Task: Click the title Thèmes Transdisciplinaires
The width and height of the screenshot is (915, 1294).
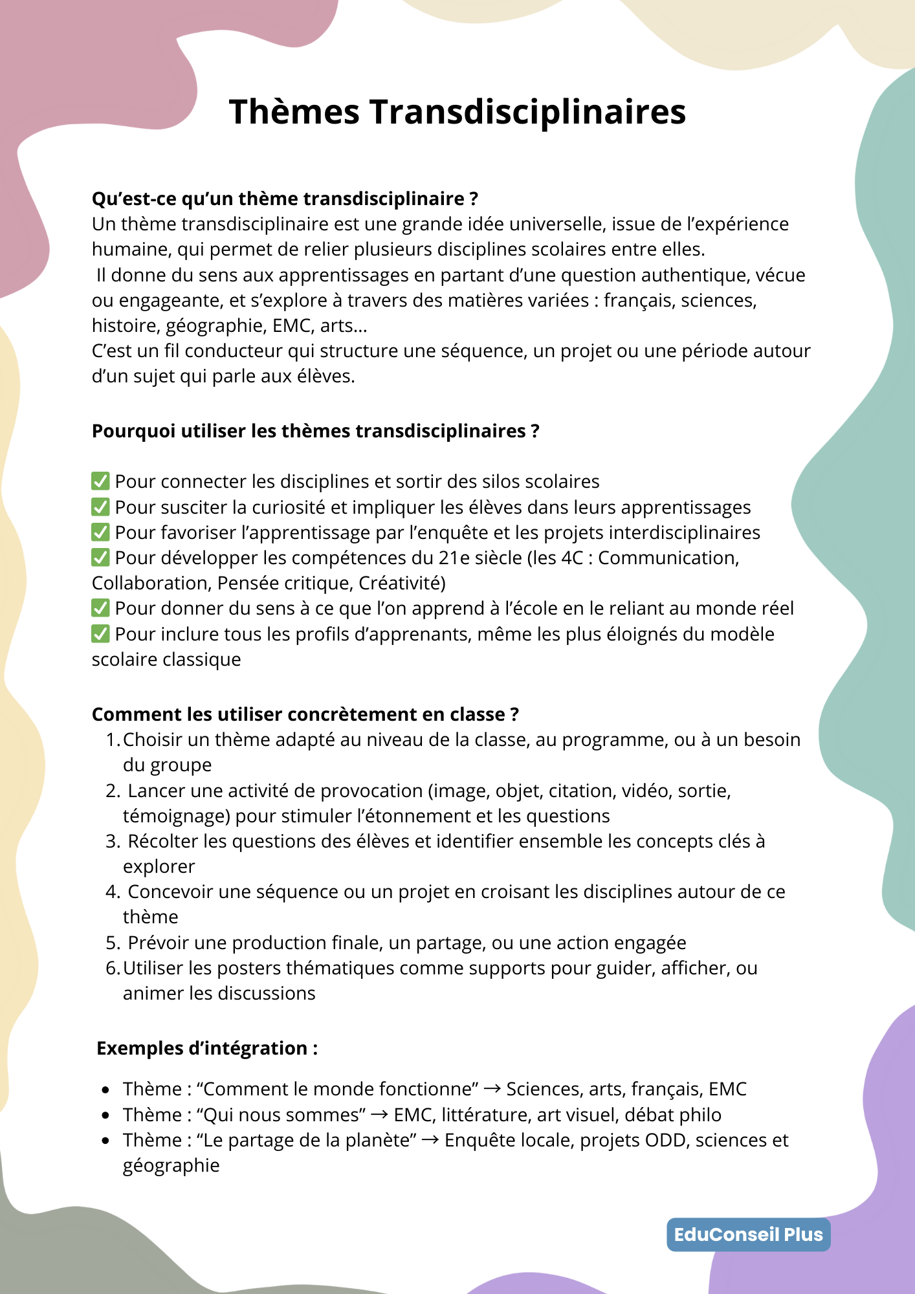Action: pos(457,111)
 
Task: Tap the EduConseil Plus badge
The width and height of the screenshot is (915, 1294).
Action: pos(748,1234)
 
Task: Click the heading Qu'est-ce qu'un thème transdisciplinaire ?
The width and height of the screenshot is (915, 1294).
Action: pos(285,199)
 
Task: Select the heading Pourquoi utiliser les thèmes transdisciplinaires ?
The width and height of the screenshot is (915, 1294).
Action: pos(315,431)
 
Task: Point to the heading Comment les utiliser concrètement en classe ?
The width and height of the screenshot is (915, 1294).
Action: pos(305,714)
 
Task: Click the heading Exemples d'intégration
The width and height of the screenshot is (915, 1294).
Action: pos(207,1048)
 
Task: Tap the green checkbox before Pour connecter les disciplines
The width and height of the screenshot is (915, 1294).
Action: pos(100,481)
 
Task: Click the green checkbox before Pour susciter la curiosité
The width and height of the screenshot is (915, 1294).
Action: pos(100,507)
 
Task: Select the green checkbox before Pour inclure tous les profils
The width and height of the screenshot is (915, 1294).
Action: pos(100,633)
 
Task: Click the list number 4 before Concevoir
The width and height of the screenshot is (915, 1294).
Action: pos(112,892)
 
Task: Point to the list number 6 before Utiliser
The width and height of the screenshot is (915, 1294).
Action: pos(112,968)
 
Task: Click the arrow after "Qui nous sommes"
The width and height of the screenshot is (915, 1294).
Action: pos(380,1115)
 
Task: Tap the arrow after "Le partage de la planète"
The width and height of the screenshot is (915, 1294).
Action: pos(430,1140)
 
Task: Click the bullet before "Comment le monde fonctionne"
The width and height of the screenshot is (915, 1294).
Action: pos(105,1090)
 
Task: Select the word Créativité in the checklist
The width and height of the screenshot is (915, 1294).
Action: pos(401,583)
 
